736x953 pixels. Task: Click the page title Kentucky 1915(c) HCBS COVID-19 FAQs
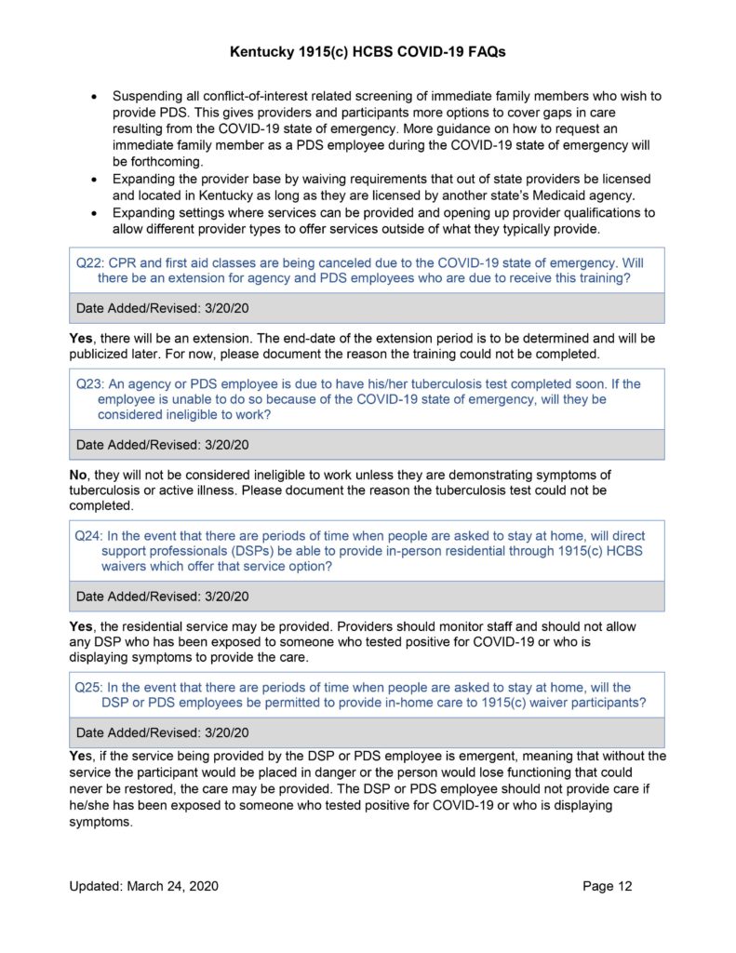click(x=368, y=53)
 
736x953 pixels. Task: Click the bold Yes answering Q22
click(x=81, y=338)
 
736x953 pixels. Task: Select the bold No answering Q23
click(x=79, y=475)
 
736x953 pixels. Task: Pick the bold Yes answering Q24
click(x=81, y=627)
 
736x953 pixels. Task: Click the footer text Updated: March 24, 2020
click(x=143, y=886)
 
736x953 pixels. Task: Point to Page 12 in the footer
click(x=607, y=886)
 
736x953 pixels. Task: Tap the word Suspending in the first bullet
click(x=150, y=96)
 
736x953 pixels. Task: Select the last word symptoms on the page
click(x=101, y=823)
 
